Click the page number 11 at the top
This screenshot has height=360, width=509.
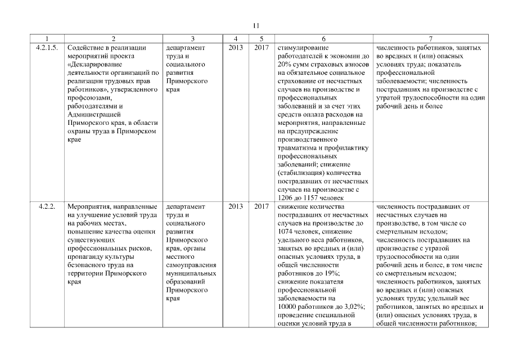(255, 25)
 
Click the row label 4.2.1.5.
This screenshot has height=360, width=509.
(46, 48)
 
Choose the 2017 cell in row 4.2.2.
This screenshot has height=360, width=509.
(261, 206)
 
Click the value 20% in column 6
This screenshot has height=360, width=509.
(285, 65)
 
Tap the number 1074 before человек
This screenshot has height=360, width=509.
(287, 232)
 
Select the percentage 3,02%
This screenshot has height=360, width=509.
(353, 306)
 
